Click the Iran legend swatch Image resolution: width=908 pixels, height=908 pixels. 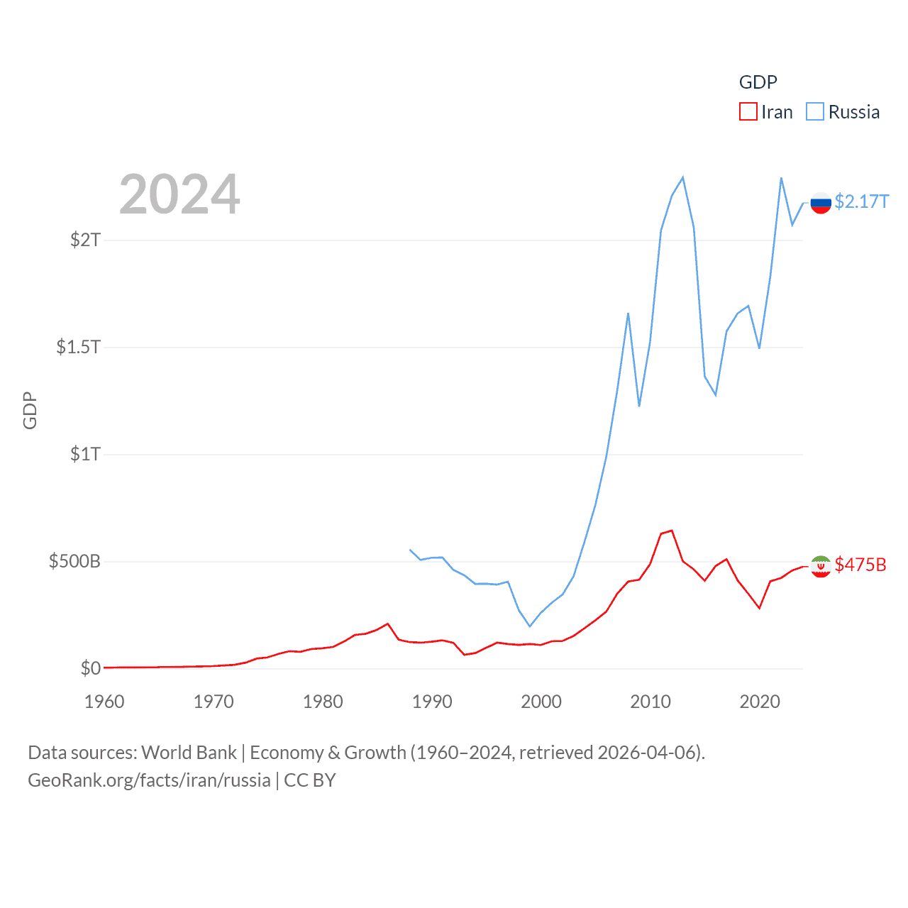748,112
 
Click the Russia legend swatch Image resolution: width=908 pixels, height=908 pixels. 815,112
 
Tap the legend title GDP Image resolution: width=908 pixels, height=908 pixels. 758,82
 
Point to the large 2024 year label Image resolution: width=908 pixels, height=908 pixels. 179,194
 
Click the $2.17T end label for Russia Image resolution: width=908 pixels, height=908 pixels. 861,202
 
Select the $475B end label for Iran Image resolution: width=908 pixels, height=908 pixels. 860,565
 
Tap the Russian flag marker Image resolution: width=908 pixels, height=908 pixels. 821,203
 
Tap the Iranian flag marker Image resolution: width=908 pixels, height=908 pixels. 821,566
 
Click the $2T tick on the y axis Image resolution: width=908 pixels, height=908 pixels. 86,240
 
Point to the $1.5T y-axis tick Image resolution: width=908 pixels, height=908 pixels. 79,347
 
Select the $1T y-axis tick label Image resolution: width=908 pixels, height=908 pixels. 86,454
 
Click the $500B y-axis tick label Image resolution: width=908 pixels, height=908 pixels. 74,562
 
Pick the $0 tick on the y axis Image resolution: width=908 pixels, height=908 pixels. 91,668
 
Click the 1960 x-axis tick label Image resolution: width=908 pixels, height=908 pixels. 104,702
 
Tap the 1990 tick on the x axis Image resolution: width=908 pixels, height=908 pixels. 432,702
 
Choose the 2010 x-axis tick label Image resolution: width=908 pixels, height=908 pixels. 650,702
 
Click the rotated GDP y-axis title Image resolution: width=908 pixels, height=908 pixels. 30,410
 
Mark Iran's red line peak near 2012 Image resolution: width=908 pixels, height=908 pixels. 671,531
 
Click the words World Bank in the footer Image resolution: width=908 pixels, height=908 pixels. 189,753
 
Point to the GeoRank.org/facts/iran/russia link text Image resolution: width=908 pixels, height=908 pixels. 149,780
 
